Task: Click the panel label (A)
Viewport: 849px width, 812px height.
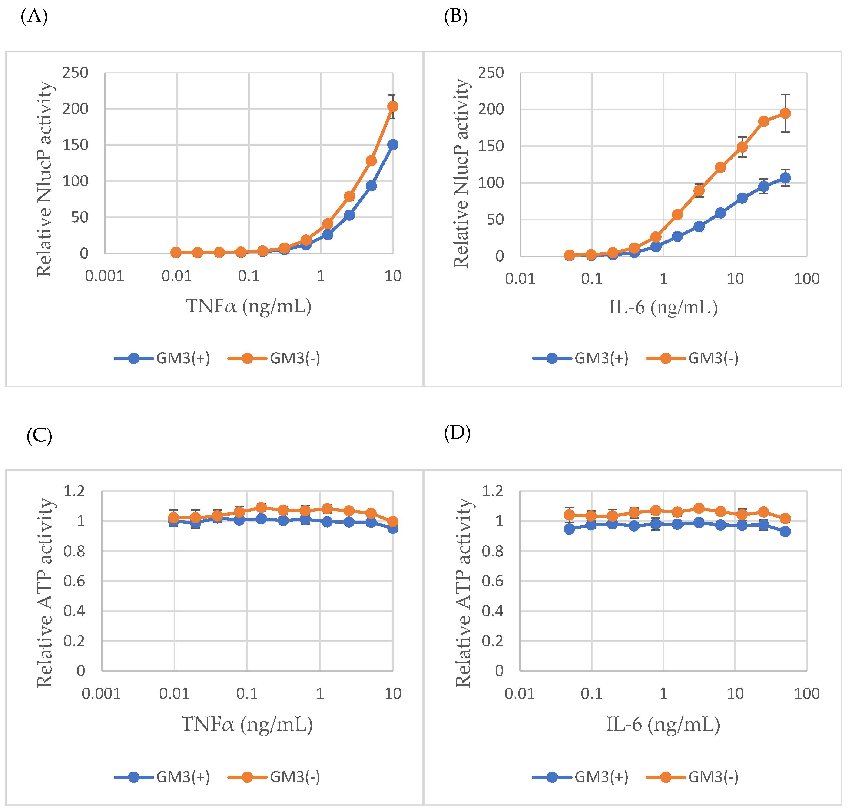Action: (34, 17)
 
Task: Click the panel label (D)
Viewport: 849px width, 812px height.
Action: (457, 433)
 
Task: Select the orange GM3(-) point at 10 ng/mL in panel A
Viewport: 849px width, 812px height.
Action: (392, 106)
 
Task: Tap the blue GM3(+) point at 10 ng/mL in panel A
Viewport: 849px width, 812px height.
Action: (392, 145)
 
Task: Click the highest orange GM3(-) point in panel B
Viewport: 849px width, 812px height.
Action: (785, 113)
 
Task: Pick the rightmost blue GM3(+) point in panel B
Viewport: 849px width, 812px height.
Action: (785, 178)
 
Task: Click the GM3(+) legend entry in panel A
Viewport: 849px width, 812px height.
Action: (162, 358)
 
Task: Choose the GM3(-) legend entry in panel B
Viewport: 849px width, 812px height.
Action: (692, 358)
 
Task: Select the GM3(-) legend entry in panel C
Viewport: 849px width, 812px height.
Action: (274, 777)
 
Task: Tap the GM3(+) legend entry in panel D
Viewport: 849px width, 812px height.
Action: (581, 777)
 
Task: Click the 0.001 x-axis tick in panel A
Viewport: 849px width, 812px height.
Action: (104, 276)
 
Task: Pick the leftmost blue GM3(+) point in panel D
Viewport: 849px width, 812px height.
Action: (570, 529)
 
